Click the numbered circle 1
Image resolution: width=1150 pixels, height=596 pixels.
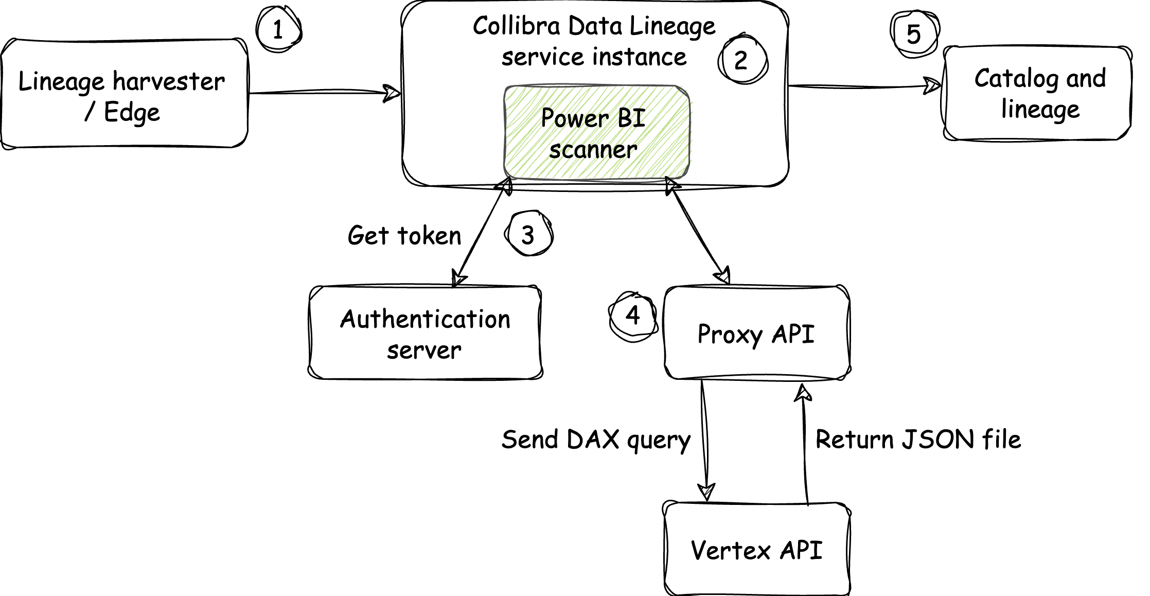click(278, 30)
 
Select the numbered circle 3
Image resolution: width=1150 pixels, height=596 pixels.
click(528, 235)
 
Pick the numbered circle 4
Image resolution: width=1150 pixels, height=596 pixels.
click(633, 315)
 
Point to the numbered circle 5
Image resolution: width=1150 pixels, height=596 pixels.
click(914, 34)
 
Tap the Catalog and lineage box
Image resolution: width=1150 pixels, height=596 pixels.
click(1035, 94)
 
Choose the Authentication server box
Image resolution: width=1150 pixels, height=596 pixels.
click(426, 334)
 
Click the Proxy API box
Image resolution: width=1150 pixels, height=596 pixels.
click(756, 335)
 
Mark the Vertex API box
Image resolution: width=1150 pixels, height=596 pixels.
click(757, 550)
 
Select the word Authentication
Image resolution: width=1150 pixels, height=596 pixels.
click(425, 319)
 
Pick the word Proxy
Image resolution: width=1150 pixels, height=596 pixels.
click(730, 335)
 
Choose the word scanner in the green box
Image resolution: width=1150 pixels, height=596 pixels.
click(593, 150)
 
